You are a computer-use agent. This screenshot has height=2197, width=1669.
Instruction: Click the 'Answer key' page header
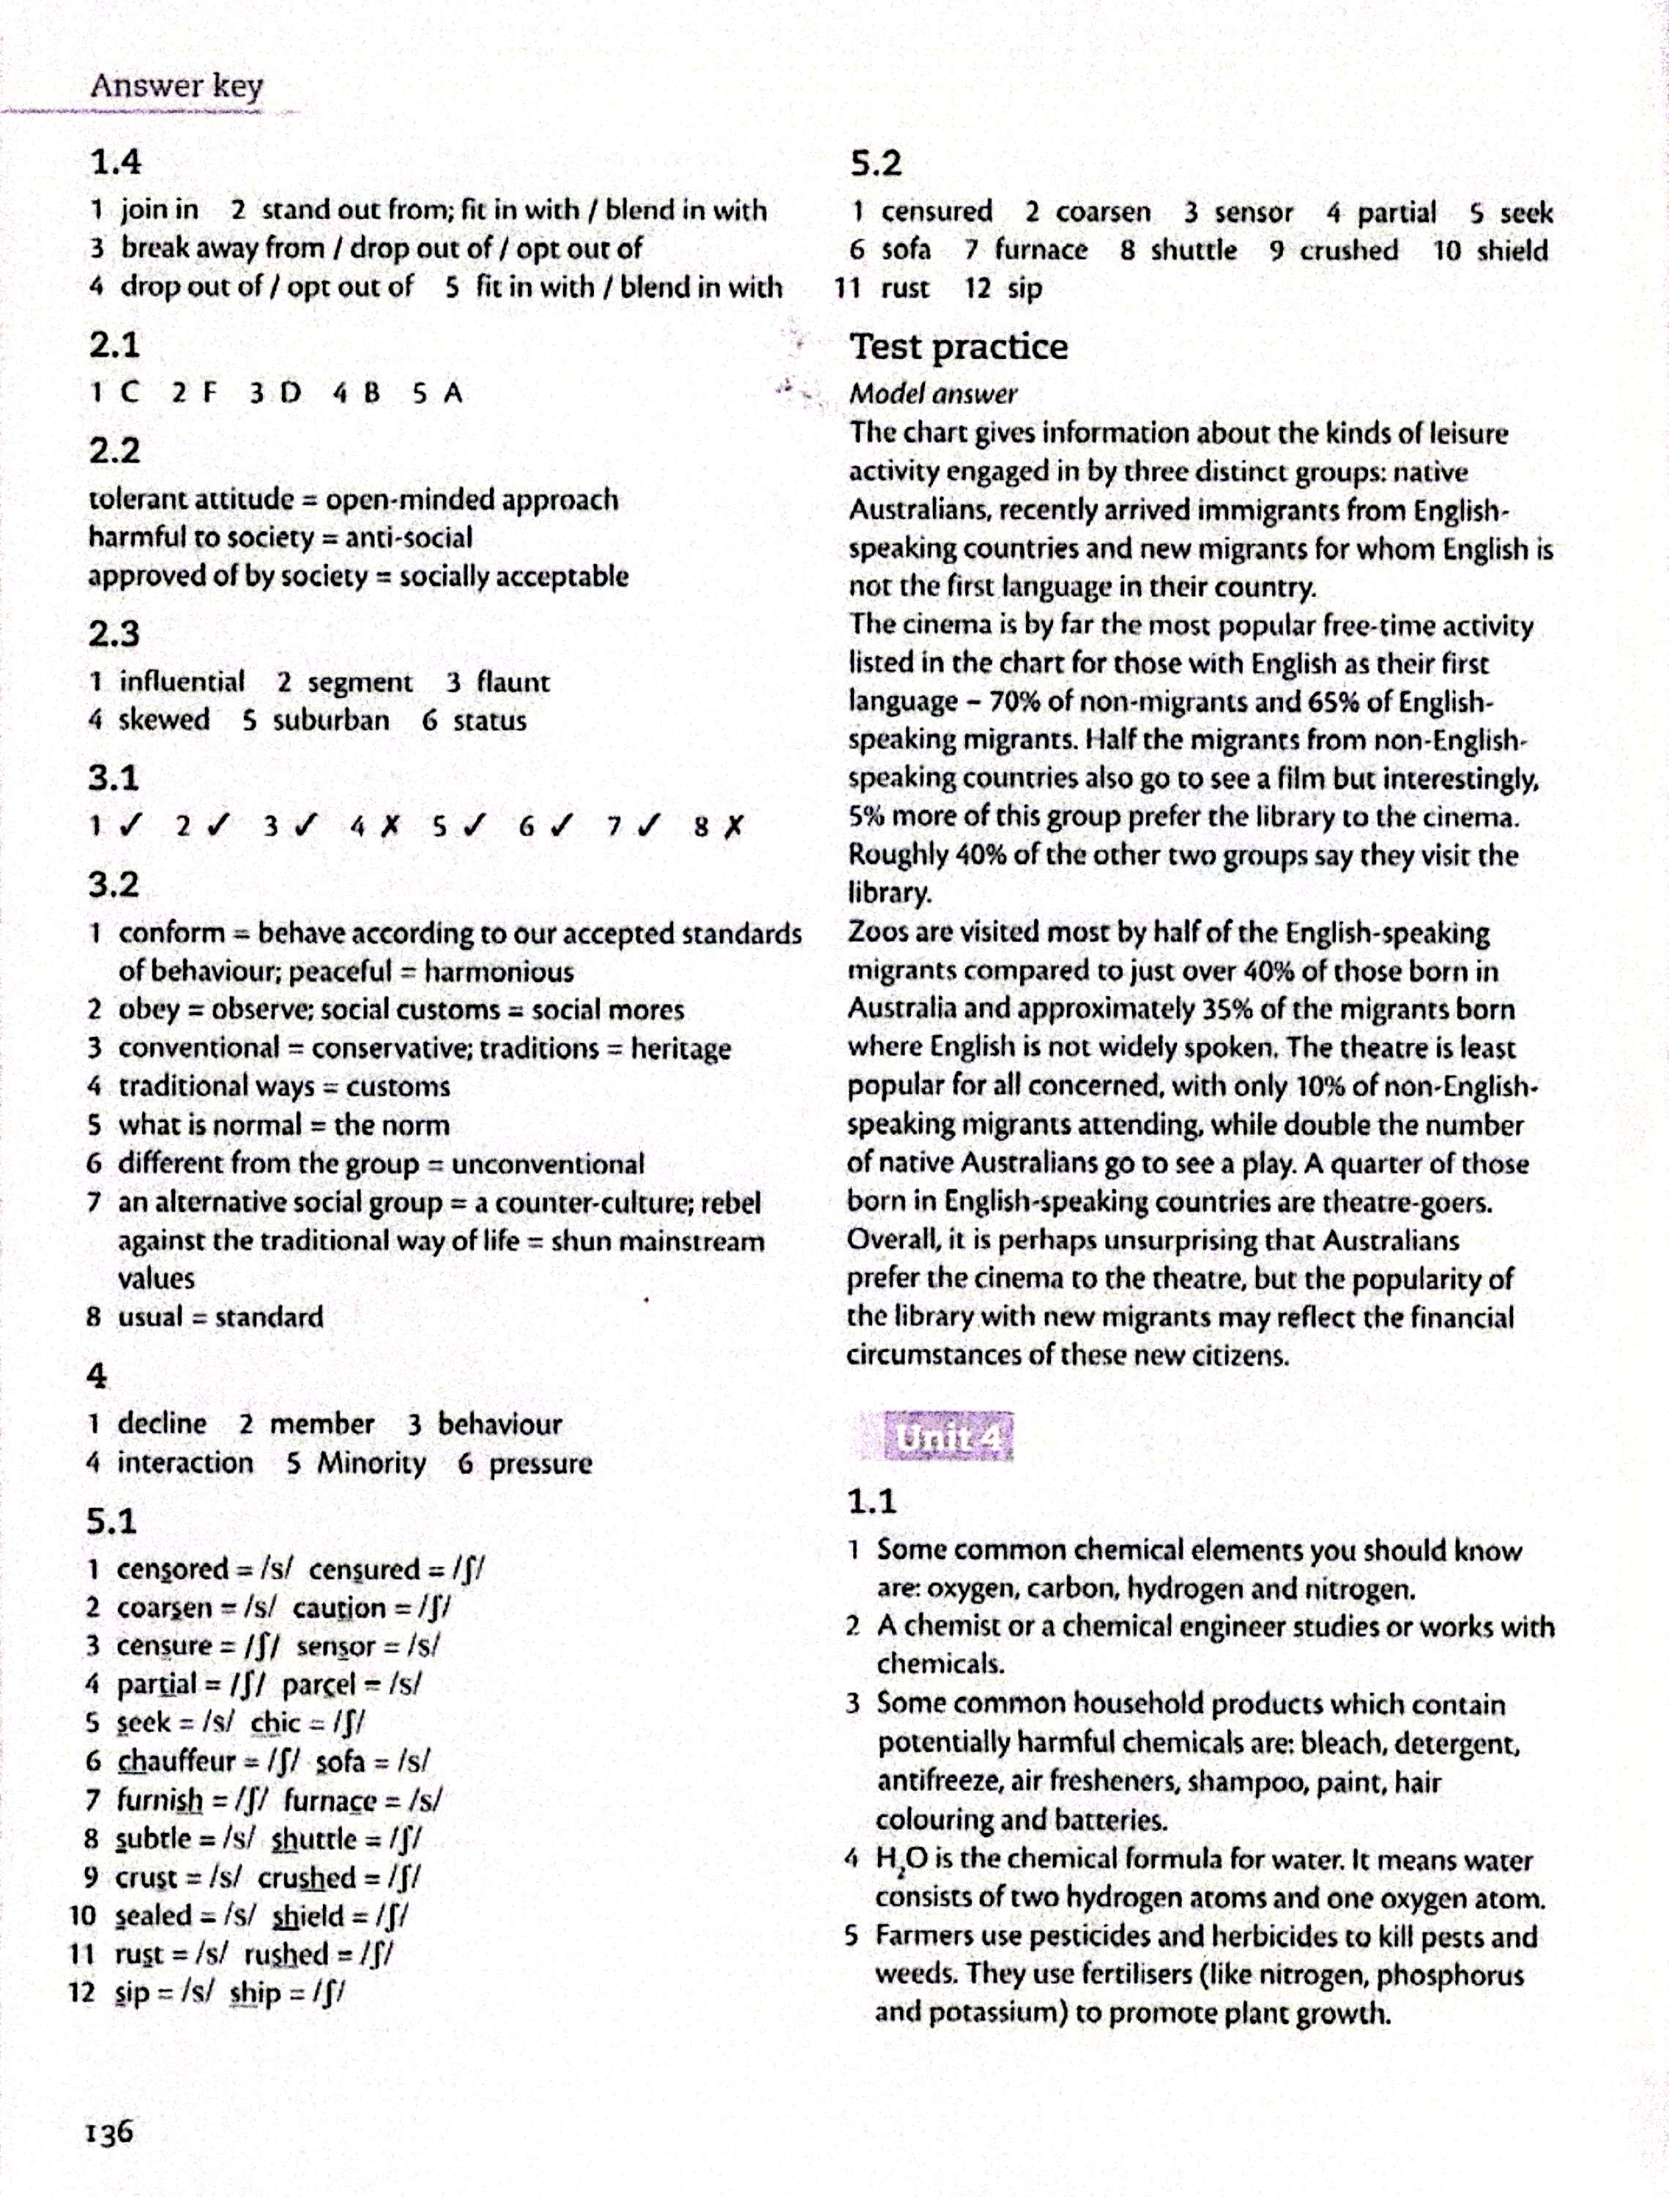click(x=176, y=86)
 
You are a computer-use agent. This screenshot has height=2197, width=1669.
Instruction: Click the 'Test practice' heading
click(x=959, y=346)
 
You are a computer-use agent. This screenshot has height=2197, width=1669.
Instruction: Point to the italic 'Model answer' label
click(x=933, y=394)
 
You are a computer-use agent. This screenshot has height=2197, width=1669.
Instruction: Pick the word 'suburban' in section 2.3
click(x=331, y=720)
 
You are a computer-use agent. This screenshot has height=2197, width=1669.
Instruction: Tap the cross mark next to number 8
click(x=732, y=826)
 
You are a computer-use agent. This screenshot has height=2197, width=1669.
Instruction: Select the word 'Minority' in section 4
click(x=371, y=1463)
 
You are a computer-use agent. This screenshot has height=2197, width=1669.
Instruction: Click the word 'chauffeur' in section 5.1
click(x=176, y=1761)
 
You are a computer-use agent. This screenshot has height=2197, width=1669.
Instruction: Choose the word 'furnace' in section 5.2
click(x=1040, y=250)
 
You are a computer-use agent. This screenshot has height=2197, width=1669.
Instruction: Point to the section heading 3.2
click(x=114, y=884)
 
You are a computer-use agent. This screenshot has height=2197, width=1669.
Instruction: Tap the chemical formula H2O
click(x=900, y=1859)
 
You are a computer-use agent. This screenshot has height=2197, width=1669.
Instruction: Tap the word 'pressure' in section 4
click(x=540, y=1463)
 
